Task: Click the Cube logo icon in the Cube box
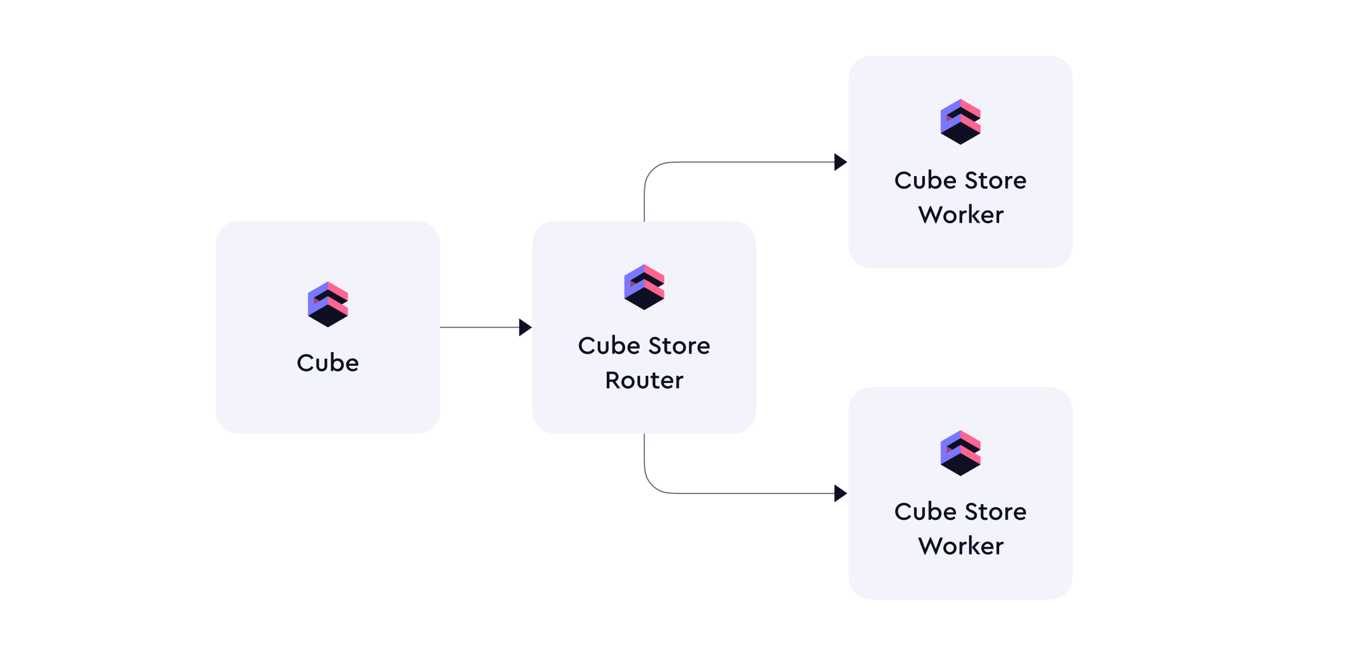[328, 304]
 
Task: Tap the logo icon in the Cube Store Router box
[644, 287]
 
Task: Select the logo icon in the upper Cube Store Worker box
[961, 122]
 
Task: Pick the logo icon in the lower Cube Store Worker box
[961, 453]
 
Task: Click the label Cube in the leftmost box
[328, 363]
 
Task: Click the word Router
[644, 380]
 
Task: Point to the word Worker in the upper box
[961, 214]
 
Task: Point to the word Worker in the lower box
[961, 546]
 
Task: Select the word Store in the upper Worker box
[996, 181]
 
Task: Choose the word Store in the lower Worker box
[996, 512]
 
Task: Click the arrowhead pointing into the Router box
[525, 327]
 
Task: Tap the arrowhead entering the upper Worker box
[840, 162]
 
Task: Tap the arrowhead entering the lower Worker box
[840, 493]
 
